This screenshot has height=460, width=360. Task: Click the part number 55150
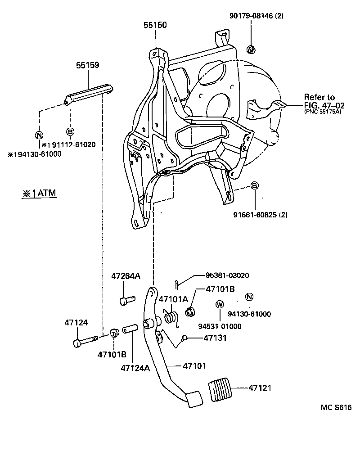click(155, 25)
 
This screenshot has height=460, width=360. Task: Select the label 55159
click(87, 65)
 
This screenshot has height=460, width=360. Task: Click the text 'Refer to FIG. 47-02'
click(324, 102)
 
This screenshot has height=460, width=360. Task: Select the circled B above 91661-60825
click(254, 186)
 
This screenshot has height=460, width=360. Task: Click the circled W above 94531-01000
click(220, 305)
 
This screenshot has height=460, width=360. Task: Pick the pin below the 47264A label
click(126, 300)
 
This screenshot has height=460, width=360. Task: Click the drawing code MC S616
click(336, 408)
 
